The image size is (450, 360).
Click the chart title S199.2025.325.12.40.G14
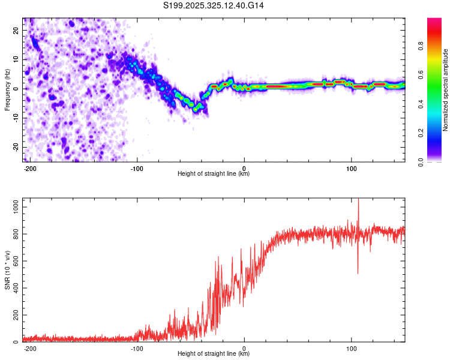pos(214,5)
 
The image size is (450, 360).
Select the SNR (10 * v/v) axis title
pos(7,271)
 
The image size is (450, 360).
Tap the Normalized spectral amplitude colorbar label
pos(445,90)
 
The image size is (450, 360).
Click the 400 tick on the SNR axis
pos(14,288)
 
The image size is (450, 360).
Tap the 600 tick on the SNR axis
pos(14,261)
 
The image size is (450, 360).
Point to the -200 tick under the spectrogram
pos(30,168)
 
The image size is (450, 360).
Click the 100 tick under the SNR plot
pos(351,348)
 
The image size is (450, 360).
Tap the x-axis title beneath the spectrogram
pos(214,174)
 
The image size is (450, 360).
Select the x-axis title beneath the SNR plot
pos(214,354)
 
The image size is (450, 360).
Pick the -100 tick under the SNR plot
pos(137,348)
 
